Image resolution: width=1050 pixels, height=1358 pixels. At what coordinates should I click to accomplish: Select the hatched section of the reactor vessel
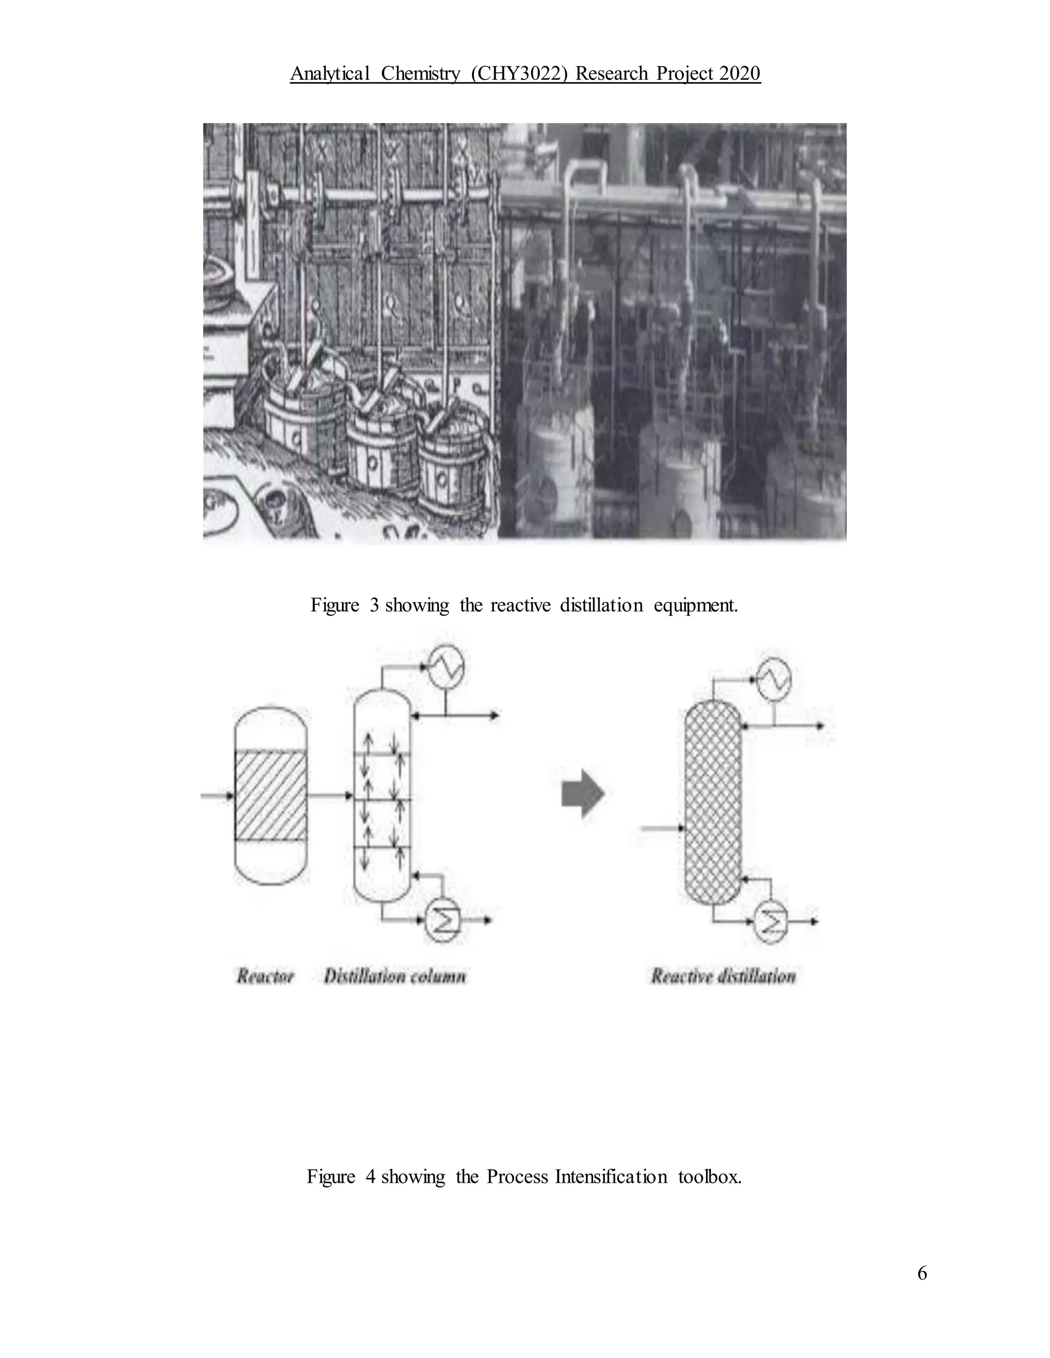tap(271, 796)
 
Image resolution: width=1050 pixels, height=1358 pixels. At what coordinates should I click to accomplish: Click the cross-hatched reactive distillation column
tap(712, 802)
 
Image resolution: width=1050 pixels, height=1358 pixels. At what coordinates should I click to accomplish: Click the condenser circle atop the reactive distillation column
tap(774, 678)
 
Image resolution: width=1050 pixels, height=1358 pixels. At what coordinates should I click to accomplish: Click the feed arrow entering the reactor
tap(216, 795)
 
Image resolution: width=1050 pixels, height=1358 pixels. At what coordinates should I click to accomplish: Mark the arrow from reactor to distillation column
tap(330, 795)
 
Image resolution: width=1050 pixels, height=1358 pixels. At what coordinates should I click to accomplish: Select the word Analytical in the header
tap(330, 73)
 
